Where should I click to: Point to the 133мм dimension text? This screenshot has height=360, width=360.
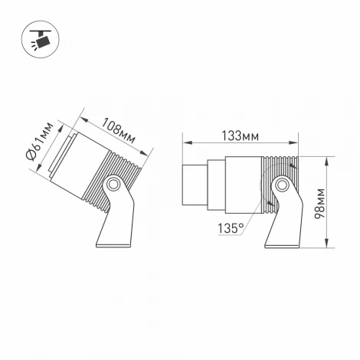click(240, 136)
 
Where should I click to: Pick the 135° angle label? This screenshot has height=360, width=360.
click(231, 227)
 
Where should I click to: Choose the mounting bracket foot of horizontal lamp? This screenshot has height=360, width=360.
click(283, 230)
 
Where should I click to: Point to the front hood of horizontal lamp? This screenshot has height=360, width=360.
click(194, 185)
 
